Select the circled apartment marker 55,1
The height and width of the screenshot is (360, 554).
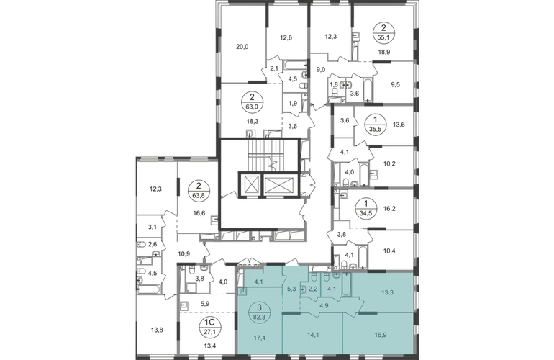pyautogui.click(x=384, y=32)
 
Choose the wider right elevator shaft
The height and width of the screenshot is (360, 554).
pyautogui.click(x=278, y=184)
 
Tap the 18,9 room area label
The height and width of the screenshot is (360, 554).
pyautogui.click(x=383, y=52)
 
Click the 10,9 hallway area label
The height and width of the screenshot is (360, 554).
pyautogui.click(x=184, y=253)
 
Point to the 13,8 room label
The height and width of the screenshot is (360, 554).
pyautogui.click(x=157, y=330)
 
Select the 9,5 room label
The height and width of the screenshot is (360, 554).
pyautogui.click(x=396, y=84)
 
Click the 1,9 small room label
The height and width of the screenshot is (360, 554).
pyautogui.click(x=293, y=104)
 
